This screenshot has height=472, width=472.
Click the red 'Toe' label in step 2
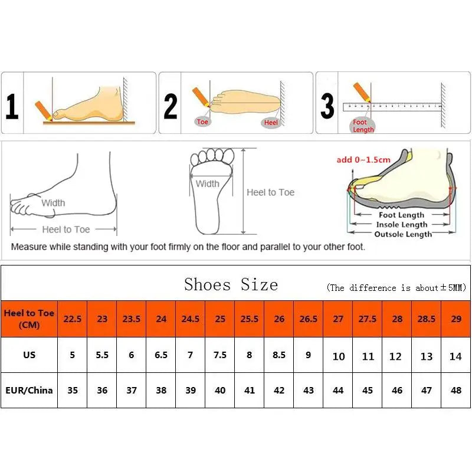pyautogui.click(x=202, y=122)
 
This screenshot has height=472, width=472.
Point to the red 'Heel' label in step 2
pyautogui.click(x=271, y=122)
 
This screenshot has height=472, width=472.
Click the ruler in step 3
pyautogui.click(x=392, y=107)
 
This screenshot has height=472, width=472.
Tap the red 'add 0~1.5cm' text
pyautogui.click(x=363, y=160)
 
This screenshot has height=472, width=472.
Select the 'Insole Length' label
pyautogui.click(x=402, y=225)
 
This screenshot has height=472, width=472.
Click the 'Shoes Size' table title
pyautogui.click(x=231, y=284)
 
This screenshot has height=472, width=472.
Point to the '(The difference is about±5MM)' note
pyautogui.click(x=396, y=288)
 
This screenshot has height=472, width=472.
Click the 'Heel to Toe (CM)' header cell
pyautogui.click(x=29, y=319)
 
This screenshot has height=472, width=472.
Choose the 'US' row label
pyautogui.click(x=29, y=355)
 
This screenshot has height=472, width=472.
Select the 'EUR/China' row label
pyautogui.click(x=29, y=390)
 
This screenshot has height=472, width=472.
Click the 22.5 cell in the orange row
pyautogui.click(x=73, y=319)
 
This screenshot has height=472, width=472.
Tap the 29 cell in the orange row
pyautogui.click(x=455, y=319)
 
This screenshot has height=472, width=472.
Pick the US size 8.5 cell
pyautogui.click(x=279, y=355)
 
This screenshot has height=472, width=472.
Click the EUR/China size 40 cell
pyautogui.click(x=220, y=390)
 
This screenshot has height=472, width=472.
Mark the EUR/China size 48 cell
pyautogui.click(x=455, y=390)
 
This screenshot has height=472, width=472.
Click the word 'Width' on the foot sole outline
pyautogui.click(x=207, y=184)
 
